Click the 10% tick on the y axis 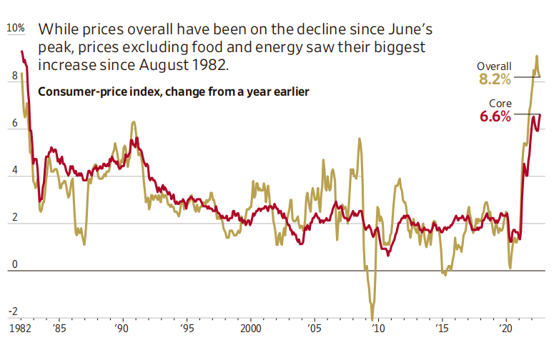point(15,29)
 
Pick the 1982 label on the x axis point(17,330)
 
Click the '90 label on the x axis point(122,330)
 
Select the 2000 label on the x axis point(250,330)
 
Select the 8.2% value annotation point(495,79)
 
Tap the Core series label point(500,104)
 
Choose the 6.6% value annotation point(495,117)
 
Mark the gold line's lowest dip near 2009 point(372,319)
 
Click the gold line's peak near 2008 point(360,139)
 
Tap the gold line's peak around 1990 point(133,122)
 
